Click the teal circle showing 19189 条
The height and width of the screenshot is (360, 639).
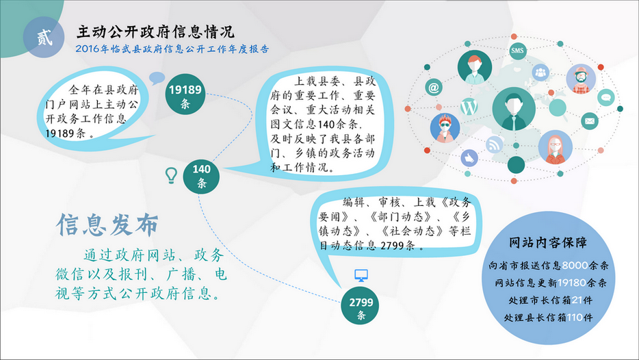[x=185, y=94]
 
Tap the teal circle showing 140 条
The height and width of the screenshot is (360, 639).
[x=201, y=176]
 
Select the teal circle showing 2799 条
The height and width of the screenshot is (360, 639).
[x=361, y=306]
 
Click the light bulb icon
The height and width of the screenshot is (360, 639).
[x=171, y=175]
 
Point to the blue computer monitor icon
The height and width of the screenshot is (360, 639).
[x=361, y=276]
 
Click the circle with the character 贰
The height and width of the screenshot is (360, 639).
[x=44, y=38]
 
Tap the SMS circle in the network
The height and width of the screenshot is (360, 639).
[x=517, y=51]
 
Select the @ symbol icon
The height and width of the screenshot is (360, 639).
[x=434, y=87]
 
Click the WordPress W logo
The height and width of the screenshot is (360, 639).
[x=469, y=107]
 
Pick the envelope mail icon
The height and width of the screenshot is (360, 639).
[x=589, y=120]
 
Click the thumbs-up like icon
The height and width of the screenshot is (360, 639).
[x=469, y=157]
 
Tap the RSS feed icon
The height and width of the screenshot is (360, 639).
[x=495, y=144]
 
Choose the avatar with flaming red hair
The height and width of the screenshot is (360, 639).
[x=445, y=128]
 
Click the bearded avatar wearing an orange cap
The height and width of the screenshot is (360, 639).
[x=581, y=79]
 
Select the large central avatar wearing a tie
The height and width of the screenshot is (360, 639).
[x=514, y=109]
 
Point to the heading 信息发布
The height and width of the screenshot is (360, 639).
[x=107, y=224]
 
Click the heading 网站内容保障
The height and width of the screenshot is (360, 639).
[x=548, y=242]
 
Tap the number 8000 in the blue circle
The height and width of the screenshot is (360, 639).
[x=575, y=266]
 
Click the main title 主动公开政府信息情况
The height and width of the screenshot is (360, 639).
[x=156, y=31]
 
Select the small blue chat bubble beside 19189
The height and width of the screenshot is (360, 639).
[x=157, y=78]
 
